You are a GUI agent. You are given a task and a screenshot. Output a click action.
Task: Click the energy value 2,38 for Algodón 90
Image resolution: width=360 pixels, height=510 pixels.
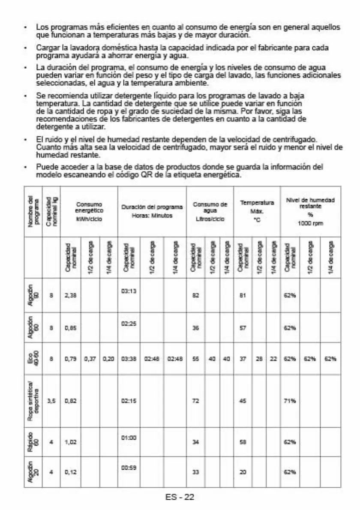click(70, 296)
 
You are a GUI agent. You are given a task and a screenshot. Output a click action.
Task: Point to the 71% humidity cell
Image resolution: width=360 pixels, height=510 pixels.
click(290, 401)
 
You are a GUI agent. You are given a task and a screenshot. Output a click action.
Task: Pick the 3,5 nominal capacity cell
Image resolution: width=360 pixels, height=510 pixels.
click(51, 401)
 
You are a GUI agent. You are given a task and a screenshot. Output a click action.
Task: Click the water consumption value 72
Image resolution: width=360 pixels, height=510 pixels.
click(195, 401)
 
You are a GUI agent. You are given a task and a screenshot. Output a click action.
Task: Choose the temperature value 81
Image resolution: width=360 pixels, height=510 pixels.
click(243, 296)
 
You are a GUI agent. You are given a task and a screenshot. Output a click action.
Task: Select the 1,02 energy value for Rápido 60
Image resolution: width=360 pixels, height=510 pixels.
click(70, 442)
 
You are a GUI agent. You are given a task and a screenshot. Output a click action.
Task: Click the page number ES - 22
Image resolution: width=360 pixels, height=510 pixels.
click(180, 497)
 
